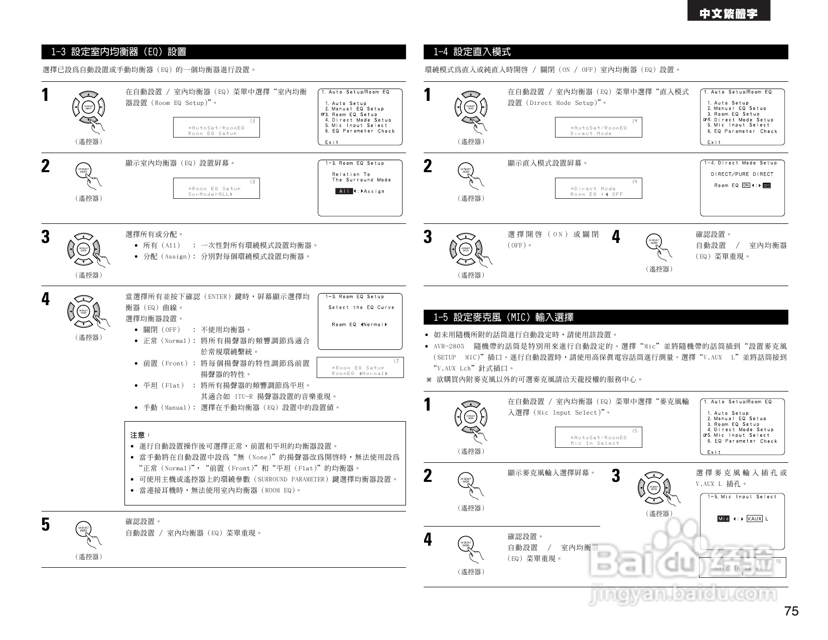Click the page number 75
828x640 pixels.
coord(791,611)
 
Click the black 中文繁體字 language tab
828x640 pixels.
coord(729,15)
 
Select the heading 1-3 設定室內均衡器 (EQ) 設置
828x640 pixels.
coord(119,52)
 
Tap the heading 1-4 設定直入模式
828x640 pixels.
coord(472,52)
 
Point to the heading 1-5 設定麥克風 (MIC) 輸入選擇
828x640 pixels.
coord(503,317)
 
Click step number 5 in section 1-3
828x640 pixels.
coord(46,525)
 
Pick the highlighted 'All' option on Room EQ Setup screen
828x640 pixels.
coord(344,191)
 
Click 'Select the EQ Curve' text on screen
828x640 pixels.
coord(361,307)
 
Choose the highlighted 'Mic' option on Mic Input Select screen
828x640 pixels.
coord(723,519)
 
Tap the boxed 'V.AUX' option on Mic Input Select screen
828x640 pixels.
coord(754,519)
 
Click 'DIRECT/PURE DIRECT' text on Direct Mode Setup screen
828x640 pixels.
coord(742,174)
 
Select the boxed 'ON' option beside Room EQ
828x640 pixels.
coord(746,185)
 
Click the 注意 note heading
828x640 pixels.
coord(140,435)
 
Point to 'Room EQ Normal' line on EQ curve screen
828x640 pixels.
coord(359,325)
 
